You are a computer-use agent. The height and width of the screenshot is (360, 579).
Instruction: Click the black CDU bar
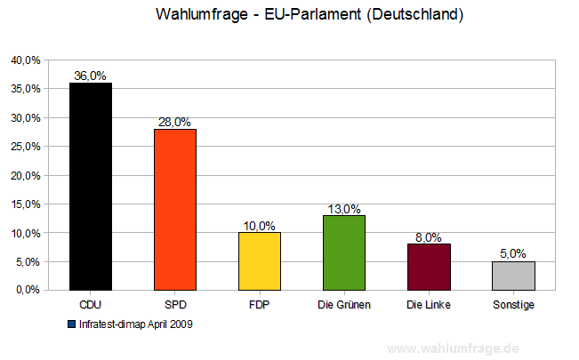pos(91,187)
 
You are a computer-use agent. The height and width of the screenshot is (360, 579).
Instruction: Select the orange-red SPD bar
pos(175,210)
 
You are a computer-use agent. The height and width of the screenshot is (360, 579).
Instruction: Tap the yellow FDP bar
pos(260,261)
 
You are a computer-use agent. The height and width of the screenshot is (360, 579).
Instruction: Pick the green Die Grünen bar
pos(344,252)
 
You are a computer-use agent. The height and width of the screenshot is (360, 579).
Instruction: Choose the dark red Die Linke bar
pos(429,267)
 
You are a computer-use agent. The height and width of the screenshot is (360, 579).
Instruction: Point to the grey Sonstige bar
pos(513,276)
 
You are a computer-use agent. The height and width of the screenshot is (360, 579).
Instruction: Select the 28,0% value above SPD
pos(175,122)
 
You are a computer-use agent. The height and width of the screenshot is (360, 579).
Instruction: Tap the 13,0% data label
pos(344,208)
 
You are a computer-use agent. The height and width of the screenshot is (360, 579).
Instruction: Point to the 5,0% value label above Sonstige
pos(513,254)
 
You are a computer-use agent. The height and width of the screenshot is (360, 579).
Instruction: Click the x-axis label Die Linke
pos(429,305)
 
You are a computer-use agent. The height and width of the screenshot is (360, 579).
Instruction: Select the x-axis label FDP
pos(260,305)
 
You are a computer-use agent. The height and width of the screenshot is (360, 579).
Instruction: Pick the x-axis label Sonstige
pos(513,305)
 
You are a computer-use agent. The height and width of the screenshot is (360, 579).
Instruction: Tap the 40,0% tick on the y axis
pos(26,60)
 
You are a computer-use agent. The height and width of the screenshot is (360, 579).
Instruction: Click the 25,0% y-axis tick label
pos(26,147)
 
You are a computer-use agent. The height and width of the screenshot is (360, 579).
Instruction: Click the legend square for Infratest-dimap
pos(71,324)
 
